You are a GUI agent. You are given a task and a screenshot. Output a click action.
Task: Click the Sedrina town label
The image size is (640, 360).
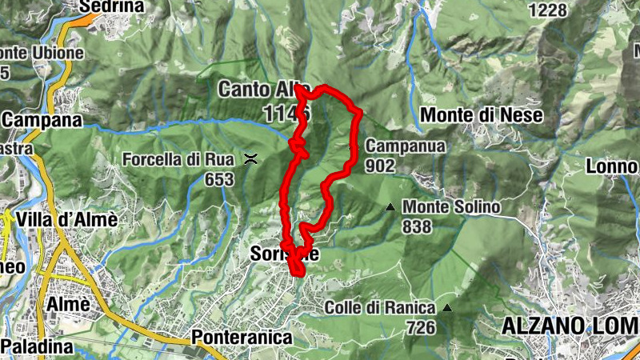(111, 7)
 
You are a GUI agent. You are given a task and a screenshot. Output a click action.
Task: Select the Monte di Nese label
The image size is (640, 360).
(482, 115)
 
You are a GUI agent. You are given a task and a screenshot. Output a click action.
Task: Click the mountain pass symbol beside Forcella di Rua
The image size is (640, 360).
(251, 158)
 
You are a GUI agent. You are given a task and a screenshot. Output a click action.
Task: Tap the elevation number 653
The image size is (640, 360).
(218, 179)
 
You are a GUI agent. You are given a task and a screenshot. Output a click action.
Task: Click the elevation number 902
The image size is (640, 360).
(380, 166)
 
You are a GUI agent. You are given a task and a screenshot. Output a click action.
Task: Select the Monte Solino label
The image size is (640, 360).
(451, 207)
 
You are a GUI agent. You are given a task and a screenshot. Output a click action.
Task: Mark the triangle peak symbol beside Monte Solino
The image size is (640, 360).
(390, 207)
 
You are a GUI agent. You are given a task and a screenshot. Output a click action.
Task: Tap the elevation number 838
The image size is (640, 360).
(417, 227)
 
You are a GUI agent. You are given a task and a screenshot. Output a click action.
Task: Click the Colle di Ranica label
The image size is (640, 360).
(380, 308)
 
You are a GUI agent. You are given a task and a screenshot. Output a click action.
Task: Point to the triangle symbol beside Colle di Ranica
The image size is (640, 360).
(447, 308)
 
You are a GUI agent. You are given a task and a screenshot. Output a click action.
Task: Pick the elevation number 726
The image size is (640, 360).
(419, 327)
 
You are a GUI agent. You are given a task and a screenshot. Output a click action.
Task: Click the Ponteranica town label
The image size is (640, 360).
(242, 338)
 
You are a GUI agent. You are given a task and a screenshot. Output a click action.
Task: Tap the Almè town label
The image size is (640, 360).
(67, 305)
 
